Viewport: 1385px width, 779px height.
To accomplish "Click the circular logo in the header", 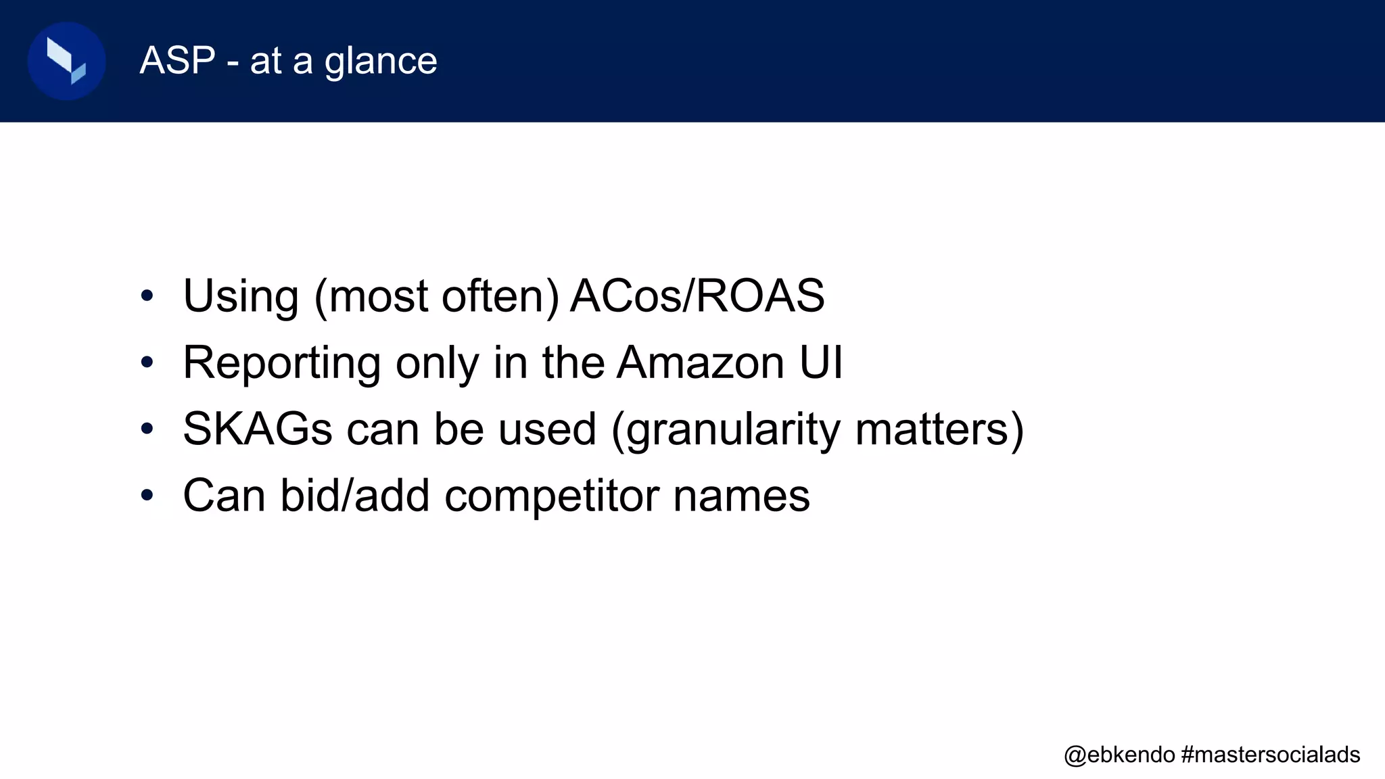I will tap(66, 61).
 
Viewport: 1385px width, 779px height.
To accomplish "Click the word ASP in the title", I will tap(177, 60).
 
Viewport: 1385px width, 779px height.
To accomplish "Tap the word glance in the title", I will tap(381, 62).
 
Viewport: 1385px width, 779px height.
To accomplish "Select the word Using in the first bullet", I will tap(241, 296).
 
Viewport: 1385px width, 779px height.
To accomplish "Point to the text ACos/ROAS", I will tap(697, 296).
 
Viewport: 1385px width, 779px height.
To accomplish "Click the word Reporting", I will tap(281, 363).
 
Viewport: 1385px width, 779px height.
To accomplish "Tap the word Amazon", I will tap(701, 362).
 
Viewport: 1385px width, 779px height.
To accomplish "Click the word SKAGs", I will tap(257, 429).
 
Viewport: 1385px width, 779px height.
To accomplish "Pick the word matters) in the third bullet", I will tap(940, 429).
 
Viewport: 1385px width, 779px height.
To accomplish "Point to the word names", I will tap(741, 496).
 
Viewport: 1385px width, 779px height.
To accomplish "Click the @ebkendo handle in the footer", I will tap(1119, 754).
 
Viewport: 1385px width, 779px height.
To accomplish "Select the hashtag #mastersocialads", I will tap(1271, 754).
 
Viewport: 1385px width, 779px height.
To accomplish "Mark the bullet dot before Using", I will tap(147, 296).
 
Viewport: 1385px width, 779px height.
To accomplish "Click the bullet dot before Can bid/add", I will tap(147, 496).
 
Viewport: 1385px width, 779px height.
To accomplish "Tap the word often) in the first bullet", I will tap(500, 296).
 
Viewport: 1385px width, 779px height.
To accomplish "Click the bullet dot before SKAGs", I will tap(147, 429).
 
